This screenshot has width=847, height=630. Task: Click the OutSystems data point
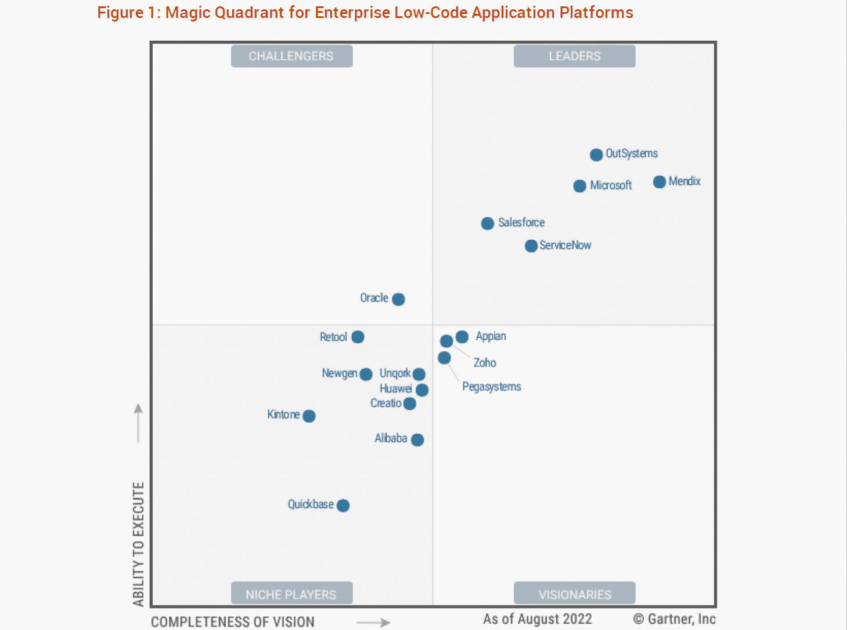pos(596,154)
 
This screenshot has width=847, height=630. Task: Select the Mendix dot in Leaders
pos(659,182)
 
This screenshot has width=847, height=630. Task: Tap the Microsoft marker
pos(579,186)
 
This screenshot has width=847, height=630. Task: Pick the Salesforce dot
pos(488,224)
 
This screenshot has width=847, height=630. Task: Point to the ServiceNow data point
pos(531,246)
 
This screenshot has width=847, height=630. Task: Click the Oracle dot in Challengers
pos(398,299)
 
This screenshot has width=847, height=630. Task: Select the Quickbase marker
pos(343,505)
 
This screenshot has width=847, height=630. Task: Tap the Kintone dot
pos(309,416)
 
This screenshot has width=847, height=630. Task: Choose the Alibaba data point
pos(417,440)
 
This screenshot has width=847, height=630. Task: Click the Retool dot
pos(358,337)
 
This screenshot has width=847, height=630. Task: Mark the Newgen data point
pos(366,375)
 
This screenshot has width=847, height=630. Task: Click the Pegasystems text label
pos(491,387)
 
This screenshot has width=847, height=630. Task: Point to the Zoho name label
pos(485,363)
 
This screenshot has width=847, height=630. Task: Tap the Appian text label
pos(491,336)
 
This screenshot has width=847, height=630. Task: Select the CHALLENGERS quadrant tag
pos(291,56)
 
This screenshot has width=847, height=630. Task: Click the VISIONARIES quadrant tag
pos(575,594)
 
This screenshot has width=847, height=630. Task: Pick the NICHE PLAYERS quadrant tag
pos(291,594)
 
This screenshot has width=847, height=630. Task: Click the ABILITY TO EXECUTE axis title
pos(138,543)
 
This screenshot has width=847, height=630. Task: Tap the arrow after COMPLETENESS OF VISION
pos(373,622)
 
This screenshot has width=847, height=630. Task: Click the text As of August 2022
pos(538,619)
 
